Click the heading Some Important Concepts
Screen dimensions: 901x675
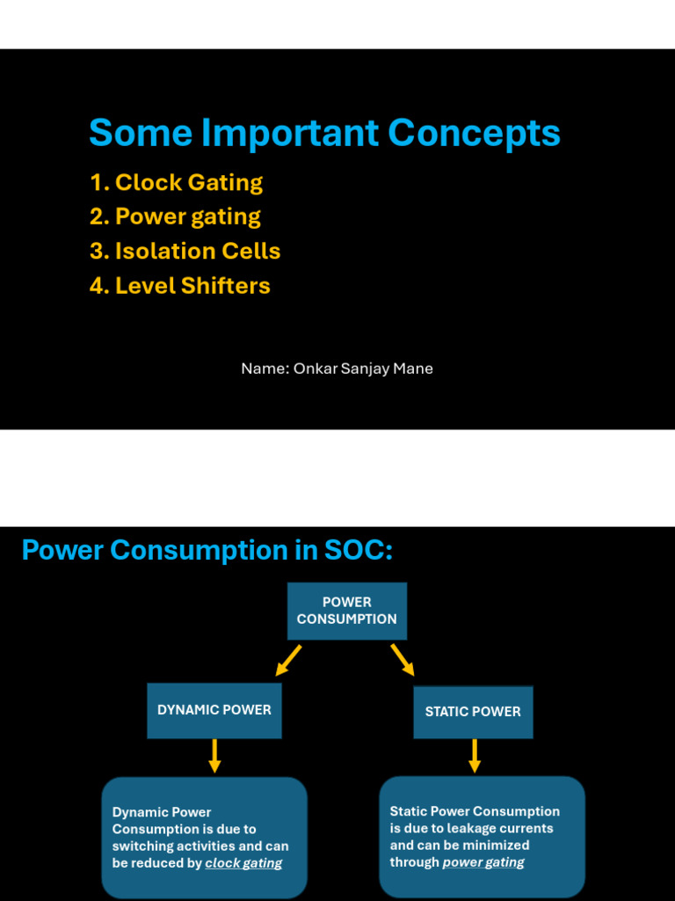pyautogui.click(x=324, y=134)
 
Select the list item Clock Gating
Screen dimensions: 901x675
pyautogui.click(x=177, y=183)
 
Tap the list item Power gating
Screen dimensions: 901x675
pyautogui.click(x=176, y=217)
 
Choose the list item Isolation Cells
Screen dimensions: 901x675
pyautogui.click(x=185, y=252)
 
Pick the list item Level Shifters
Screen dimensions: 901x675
pyautogui.click(x=180, y=286)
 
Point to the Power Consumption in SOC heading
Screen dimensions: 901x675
pyautogui.click(x=207, y=551)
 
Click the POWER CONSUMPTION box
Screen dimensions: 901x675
pyautogui.click(x=347, y=611)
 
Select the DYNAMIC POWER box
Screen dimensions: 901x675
pyautogui.click(x=214, y=710)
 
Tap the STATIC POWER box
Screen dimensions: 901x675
pyautogui.click(x=473, y=712)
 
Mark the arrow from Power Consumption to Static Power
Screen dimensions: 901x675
pyautogui.click(x=403, y=659)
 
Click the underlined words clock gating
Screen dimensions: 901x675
pyautogui.click(x=243, y=863)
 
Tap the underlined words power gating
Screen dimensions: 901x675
pyautogui.click(x=483, y=862)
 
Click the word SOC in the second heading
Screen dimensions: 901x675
pyautogui.click(x=358, y=551)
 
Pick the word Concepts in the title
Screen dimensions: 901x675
pyautogui.click(x=474, y=134)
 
